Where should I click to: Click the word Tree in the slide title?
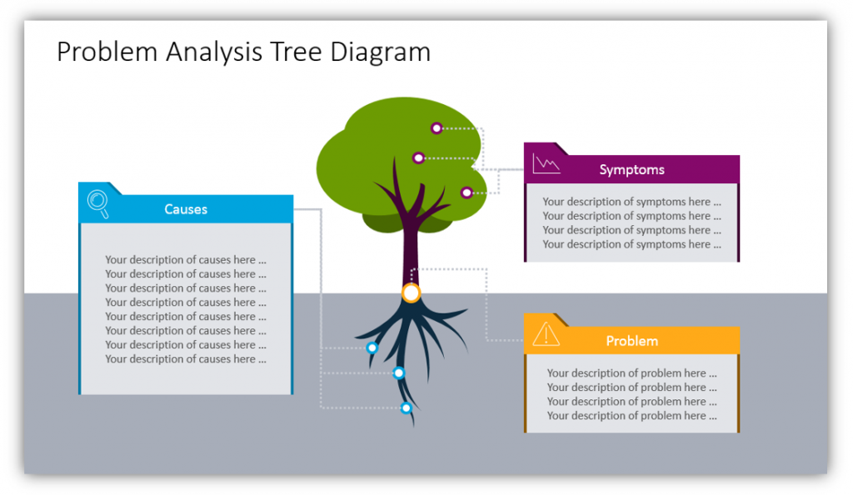click(x=297, y=53)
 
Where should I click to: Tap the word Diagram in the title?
click(x=380, y=53)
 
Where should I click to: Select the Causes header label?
click(x=186, y=209)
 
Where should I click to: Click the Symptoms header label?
click(x=631, y=170)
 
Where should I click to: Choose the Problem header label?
click(x=631, y=341)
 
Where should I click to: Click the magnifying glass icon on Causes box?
click(x=98, y=203)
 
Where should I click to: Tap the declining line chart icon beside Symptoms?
click(x=546, y=163)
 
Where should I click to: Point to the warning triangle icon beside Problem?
click(x=546, y=334)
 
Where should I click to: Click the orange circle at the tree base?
click(x=412, y=293)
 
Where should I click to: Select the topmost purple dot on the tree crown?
click(x=436, y=128)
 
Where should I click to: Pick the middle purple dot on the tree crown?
click(x=418, y=158)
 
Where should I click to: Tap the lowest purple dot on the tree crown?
click(x=466, y=193)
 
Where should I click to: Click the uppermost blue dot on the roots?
click(x=372, y=348)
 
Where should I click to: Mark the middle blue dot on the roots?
click(x=399, y=373)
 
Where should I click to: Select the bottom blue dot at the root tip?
click(x=406, y=408)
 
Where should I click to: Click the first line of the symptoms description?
click(x=631, y=202)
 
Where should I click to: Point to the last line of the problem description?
click(x=631, y=416)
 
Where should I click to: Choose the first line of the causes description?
click(x=186, y=260)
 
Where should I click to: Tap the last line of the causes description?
click(x=186, y=358)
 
